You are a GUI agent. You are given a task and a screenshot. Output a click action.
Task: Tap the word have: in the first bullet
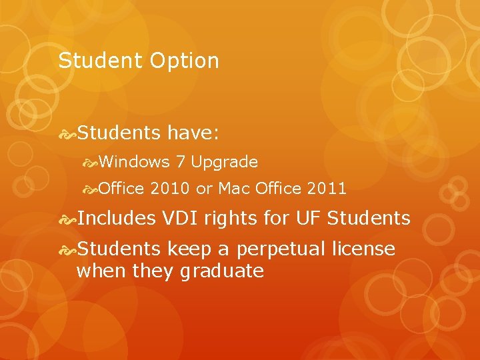pyautogui.click(x=193, y=133)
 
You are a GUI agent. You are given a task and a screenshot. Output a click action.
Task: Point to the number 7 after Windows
pyautogui.click(x=181, y=162)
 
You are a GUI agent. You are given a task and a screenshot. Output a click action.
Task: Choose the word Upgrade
pyautogui.click(x=225, y=162)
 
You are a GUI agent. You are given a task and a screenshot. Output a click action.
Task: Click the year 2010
pyautogui.click(x=170, y=189)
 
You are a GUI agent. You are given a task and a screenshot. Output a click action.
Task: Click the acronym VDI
pyautogui.click(x=182, y=217)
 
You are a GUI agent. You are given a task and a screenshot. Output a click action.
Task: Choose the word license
pyautogui.click(x=363, y=249)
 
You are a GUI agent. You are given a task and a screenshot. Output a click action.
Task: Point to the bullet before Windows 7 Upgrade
pyautogui.click(x=90, y=162)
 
